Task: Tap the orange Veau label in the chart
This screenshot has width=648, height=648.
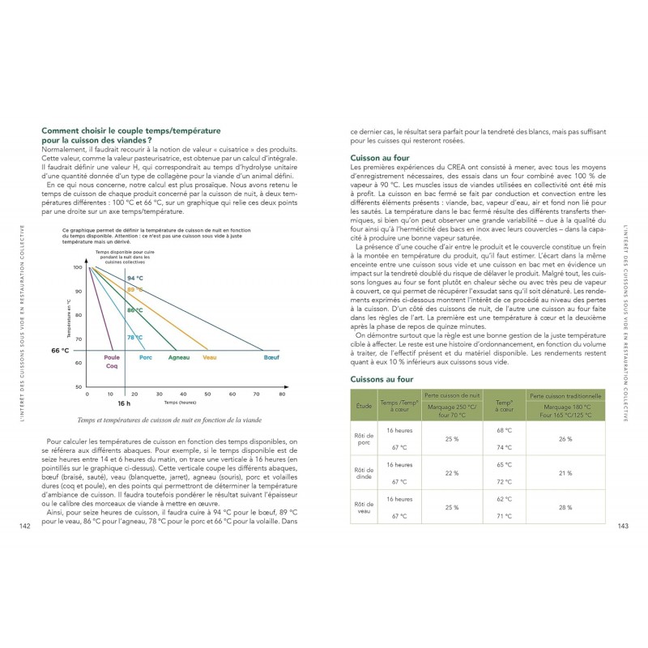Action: point(211,357)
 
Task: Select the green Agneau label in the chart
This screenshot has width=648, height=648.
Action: point(178,357)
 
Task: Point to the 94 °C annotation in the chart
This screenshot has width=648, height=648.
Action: point(134,279)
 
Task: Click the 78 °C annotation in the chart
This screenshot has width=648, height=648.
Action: point(134,337)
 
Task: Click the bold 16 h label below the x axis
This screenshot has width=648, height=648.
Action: point(124,403)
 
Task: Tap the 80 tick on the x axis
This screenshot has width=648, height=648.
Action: point(282,394)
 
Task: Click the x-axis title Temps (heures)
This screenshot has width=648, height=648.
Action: point(181,402)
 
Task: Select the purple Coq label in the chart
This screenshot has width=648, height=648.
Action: point(112,367)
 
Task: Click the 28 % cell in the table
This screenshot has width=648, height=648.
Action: point(566,507)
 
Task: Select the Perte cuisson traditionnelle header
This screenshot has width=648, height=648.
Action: point(566,395)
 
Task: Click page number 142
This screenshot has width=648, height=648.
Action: point(25,526)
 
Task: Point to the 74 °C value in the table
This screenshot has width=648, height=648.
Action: point(505,447)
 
